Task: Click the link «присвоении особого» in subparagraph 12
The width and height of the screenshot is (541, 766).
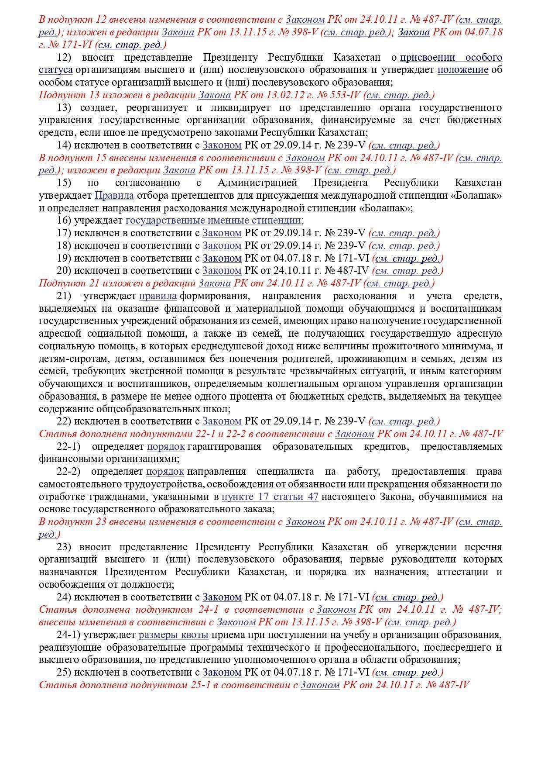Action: pyautogui.click(x=451, y=57)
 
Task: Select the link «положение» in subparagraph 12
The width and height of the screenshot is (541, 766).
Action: pyautogui.click(x=463, y=70)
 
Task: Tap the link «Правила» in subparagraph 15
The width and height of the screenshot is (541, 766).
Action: pyautogui.click(x=114, y=195)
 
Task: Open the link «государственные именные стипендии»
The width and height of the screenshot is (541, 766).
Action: pyautogui.click(x=213, y=221)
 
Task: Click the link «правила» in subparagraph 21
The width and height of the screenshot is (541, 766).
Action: pyautogui.click(x=158, y=296)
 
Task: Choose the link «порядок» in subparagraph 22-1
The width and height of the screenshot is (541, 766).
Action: pyautogui.click(x=166, y=447)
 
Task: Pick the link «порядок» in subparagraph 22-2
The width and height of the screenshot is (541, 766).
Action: pyautogui.click(x=165, y=472)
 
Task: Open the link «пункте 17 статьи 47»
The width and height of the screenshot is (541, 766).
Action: pyautogui.click(x=270, y=497)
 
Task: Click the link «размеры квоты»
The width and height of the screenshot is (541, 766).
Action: pyautogui.click(x=173, y=635)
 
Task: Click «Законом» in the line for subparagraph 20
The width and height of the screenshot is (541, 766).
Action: pyautogui.click(x=222, y=271)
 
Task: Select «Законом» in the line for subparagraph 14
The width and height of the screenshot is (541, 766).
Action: pyautogui.click(x=222, y=145)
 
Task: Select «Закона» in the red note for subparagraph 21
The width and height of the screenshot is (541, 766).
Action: pyautogui.click(x=214, y=283)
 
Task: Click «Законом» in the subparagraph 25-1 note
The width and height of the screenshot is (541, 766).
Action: pyautogui.click(x=320, y=685)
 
